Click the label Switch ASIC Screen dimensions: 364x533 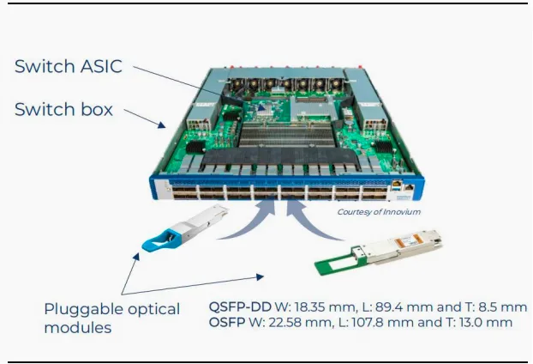69,67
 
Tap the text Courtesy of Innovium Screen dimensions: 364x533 378,211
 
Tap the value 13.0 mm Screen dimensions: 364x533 488,323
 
